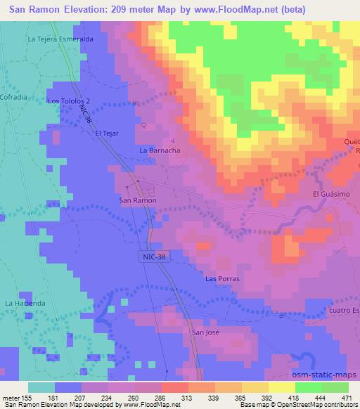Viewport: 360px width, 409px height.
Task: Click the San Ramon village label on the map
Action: click(x=137, y=200)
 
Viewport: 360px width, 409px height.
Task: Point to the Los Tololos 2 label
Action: click(x=68, y=101)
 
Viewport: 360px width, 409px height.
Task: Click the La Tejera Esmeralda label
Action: click(x=60, y=39)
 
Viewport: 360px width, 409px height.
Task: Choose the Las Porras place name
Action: click(x=222, y=279)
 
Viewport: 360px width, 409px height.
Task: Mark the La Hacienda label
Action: click(x=25, y=303)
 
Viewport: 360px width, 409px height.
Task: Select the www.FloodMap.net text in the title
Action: click(x=228, y=8)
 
